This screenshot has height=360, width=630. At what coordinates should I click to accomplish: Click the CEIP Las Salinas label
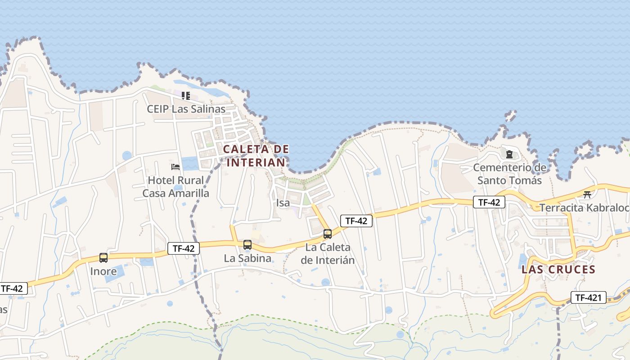[186, 109]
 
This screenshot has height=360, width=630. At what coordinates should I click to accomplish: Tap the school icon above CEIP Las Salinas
[186, 95]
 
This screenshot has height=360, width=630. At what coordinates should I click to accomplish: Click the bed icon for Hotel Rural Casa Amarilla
[175, 167]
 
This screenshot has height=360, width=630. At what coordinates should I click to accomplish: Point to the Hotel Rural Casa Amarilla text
[175, 187]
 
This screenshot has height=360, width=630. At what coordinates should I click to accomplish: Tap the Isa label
[283, 203]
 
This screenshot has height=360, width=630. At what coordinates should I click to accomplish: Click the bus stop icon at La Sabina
[247, 245]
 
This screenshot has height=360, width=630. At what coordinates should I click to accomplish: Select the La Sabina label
[247, 258]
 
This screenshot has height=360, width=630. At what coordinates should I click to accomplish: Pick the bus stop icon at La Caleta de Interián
[328, 234]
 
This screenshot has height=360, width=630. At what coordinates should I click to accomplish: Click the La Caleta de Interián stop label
[328, 254]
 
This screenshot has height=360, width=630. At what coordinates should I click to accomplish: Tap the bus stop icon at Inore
[103, 258]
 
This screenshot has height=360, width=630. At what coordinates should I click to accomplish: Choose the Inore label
[103, 271]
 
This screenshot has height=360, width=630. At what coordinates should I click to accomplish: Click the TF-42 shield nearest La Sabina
[184, 248]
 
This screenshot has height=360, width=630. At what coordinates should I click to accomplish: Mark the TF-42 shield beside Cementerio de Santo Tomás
[489, 202]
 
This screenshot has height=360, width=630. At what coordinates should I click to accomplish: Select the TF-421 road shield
[589, 297]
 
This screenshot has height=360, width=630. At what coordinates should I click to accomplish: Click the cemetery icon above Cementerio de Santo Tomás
[509, 154]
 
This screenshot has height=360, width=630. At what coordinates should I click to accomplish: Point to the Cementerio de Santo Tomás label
[509, 174]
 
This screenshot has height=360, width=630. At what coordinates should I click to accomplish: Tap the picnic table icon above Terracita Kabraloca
[587, 194]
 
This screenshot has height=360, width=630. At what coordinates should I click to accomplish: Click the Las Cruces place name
[558, 270]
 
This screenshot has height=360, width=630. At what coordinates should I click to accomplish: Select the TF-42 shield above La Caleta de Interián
[356, 220]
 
